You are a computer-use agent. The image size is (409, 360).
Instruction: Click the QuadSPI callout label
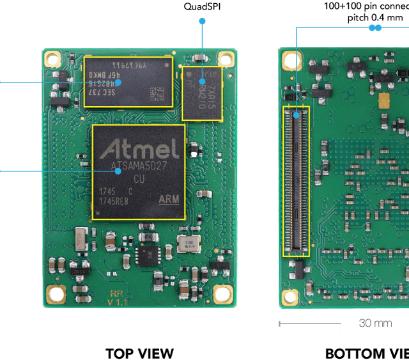click(x=203, y=7)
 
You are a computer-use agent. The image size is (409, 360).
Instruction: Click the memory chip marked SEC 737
click(x=128, y=82)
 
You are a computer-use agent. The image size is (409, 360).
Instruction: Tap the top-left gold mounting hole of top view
click(x=52, y=59)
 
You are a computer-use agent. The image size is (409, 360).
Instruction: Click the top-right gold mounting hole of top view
click(x=224, y=59)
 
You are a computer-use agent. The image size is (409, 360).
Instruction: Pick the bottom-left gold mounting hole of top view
click(x=56, y=294)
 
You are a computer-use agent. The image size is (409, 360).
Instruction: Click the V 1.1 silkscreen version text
click(x=118, y=301)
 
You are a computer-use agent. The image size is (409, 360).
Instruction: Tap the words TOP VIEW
click(x=139, y=354)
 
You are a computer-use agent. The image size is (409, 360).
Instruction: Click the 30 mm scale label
click(x=375, y=323)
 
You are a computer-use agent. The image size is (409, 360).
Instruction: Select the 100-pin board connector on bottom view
click(x=297, y=181)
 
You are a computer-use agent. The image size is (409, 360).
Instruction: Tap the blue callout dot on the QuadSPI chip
click(x=203, y=81)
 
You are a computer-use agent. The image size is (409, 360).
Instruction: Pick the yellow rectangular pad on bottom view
click(x=384, y=100)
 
